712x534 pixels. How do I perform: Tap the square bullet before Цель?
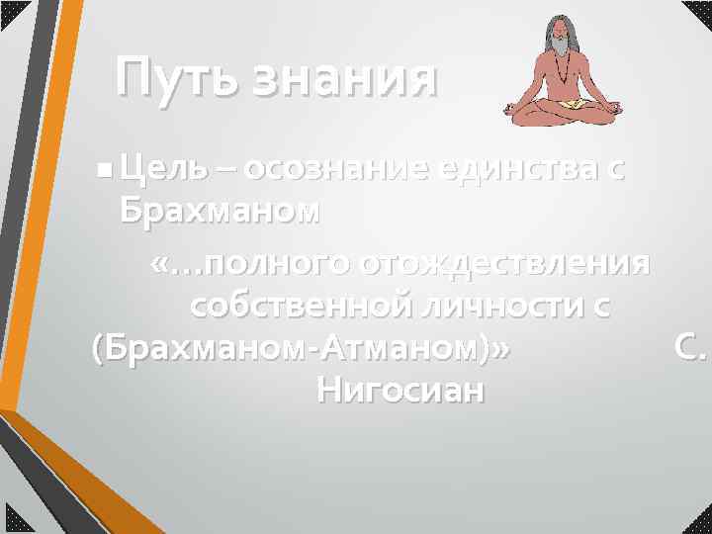click(x=105, y=172)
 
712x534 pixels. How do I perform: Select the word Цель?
click(x=162, y=170)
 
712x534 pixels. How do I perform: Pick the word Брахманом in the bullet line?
click(x=220, y=211)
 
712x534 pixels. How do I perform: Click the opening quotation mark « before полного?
click(x=160, y=265)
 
